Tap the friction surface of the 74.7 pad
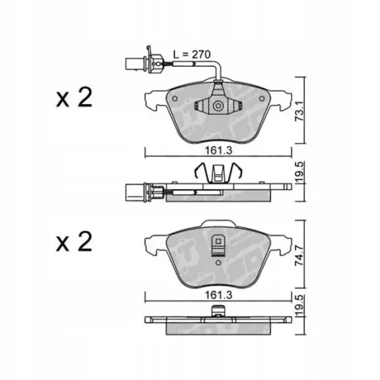pyautogui.click(x=258, y=258)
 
